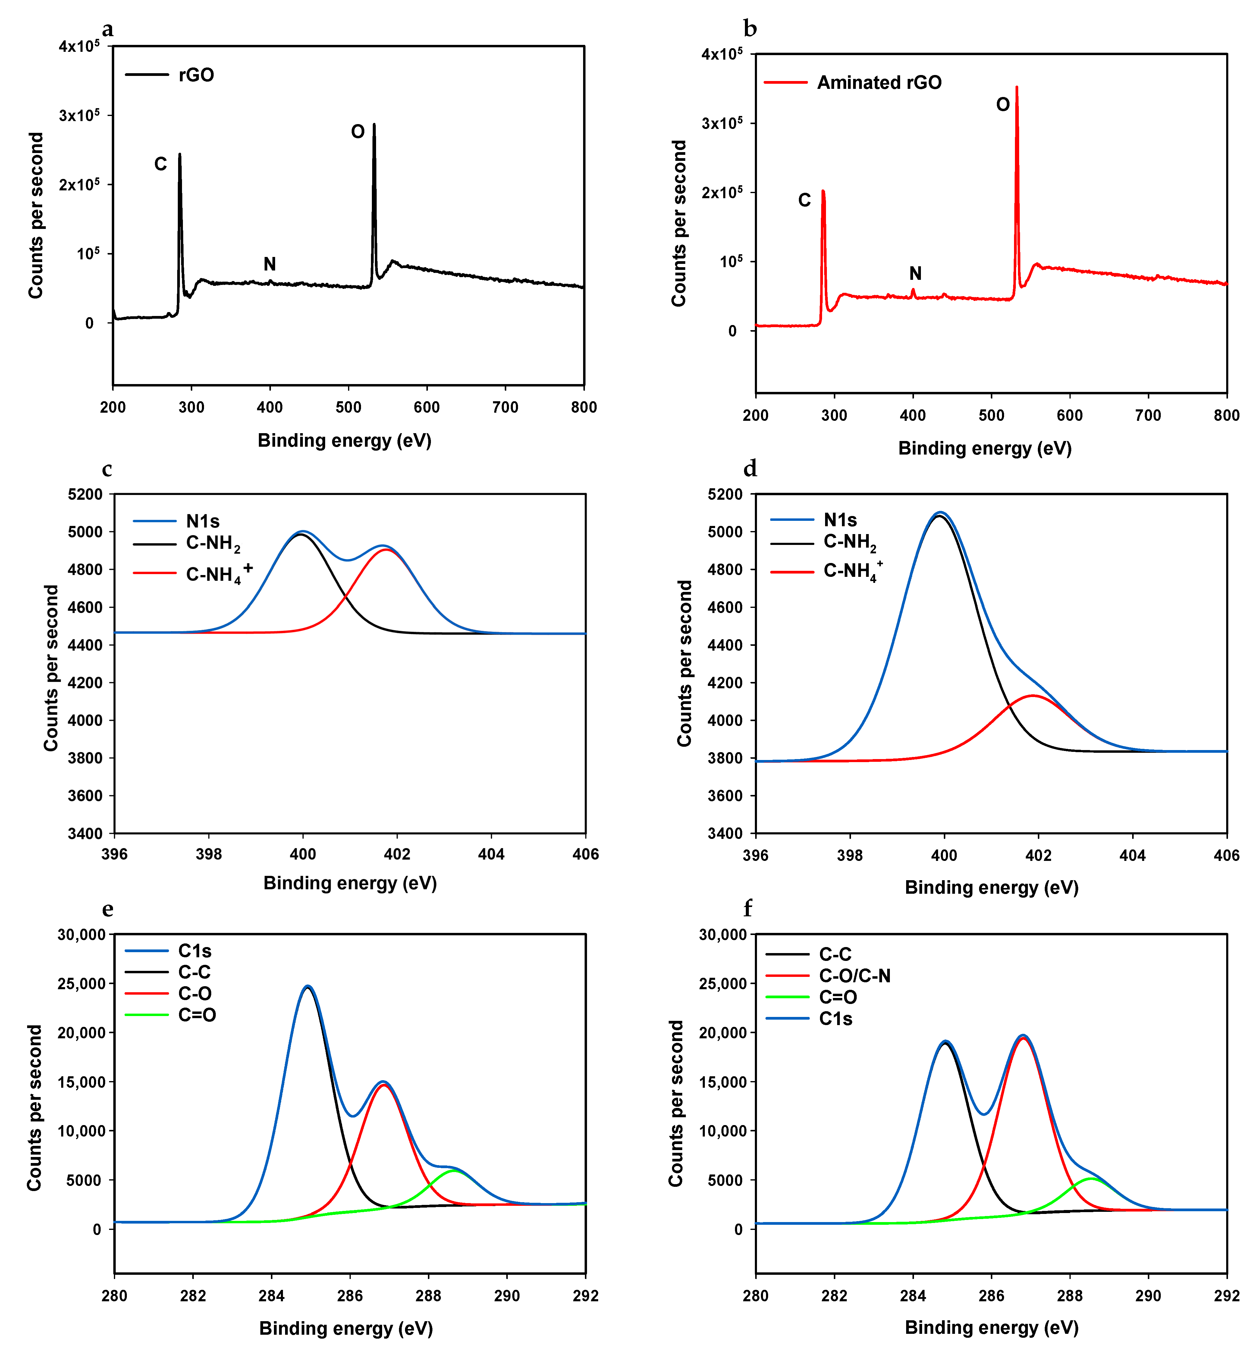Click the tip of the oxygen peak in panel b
pos(1017,87)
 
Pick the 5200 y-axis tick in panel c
pos(86,494)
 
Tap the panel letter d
pos(750,469)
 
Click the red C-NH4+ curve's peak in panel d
pos(1033,696)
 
